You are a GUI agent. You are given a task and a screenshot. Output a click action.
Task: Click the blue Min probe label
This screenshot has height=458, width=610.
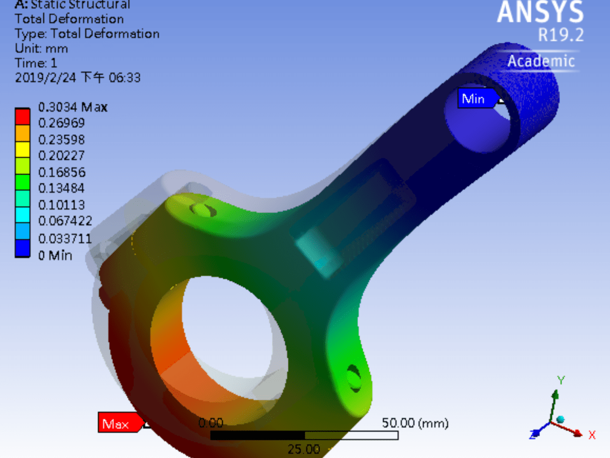(x=473, y=98)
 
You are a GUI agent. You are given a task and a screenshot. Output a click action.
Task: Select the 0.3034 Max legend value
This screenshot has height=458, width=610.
(x=73, y=107)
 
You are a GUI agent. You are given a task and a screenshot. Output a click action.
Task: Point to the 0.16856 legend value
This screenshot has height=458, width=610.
(x=62, y=172)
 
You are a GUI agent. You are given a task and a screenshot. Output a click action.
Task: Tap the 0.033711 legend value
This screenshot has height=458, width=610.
(x=65, y=238)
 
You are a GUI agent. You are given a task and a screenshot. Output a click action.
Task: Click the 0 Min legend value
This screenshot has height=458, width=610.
(x=55, y=255)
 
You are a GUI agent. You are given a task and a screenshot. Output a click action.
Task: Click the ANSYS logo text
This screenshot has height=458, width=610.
(x=540, y=12)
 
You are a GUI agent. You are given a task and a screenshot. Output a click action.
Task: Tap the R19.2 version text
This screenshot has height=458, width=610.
(x=561, y=35)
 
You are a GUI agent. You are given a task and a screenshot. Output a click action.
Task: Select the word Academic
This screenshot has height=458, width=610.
(x=541, y=61)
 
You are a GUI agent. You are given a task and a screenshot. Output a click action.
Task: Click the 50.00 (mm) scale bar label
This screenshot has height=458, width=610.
(x=415, y=423)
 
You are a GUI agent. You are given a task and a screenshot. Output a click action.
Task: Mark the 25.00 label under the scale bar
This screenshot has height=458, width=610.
(x=303, y=449)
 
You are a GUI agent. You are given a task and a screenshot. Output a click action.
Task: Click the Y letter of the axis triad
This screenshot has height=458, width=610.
(x=561, y=380)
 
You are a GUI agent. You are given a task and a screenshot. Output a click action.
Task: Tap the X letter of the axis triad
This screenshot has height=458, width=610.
(x=592, y=435)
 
